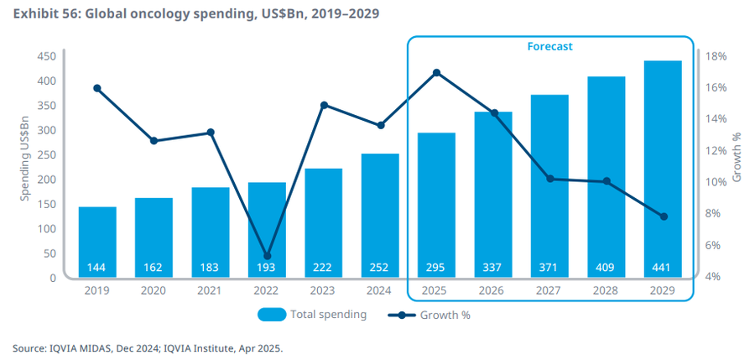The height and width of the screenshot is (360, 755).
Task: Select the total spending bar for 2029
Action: (662, 168)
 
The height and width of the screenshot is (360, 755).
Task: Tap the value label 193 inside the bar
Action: (268, 268)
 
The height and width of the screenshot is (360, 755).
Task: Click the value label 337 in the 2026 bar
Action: (493, 268)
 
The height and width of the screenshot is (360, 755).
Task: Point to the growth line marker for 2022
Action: (268, 256)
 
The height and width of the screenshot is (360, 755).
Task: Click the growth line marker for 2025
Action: (436, 73)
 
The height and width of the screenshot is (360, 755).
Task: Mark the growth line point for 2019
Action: (97, 88)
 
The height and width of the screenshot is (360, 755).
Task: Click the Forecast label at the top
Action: (549, 47)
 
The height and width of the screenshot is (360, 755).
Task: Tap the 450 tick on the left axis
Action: (46, 56)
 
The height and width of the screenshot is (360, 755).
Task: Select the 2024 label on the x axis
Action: (380, 290)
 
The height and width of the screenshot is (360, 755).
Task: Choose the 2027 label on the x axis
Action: (549, 290)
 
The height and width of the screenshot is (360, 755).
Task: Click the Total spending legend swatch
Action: (270, 316)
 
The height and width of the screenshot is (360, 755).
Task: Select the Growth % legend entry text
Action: (453, 316)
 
